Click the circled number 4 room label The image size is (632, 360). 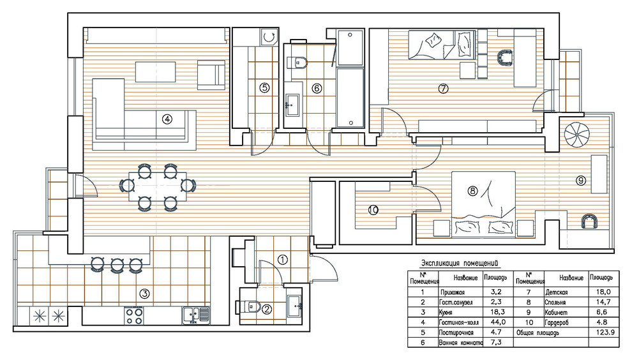tap(167, 119)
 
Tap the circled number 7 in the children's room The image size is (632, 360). tap(443, 88)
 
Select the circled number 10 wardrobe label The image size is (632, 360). tap(373, 210)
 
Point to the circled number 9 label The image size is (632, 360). tap(581, 181)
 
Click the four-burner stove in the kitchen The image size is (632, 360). tap(134, 316)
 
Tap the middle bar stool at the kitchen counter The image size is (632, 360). tap(117, 266)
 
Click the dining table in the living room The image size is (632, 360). tap(158, 186)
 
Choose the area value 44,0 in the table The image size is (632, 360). tap(497, 322)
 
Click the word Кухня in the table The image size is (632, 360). tap(446, 312)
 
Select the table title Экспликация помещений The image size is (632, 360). tap(460, 264)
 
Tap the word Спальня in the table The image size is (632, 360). tap(555, 302)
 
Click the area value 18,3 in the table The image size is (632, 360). tap(497, 312)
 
